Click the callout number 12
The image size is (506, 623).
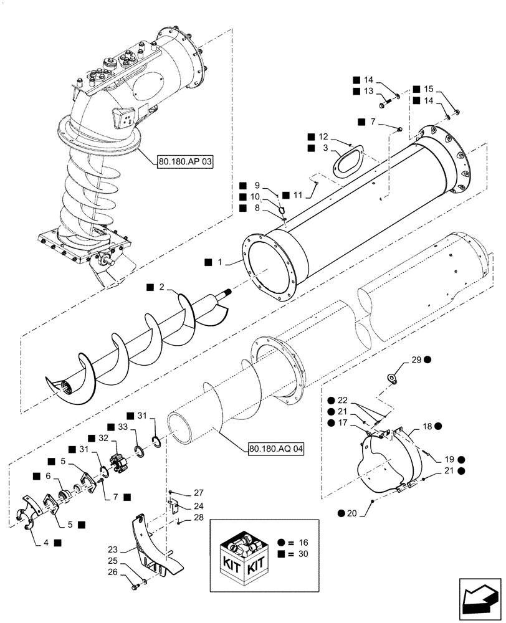click(x=323, y=136)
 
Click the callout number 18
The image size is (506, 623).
click(x=427, y=426)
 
